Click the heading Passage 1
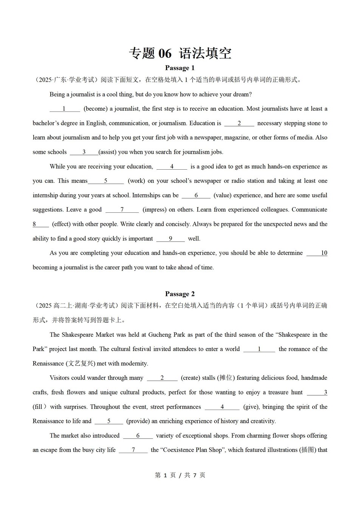(x=180, y=68)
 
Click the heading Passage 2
(x=180, y=294)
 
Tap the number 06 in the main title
(x=164, y=53)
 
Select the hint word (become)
(x=96, y=109)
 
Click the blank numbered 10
(x=317, y=253)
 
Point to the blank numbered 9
(x=171, y=239)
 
